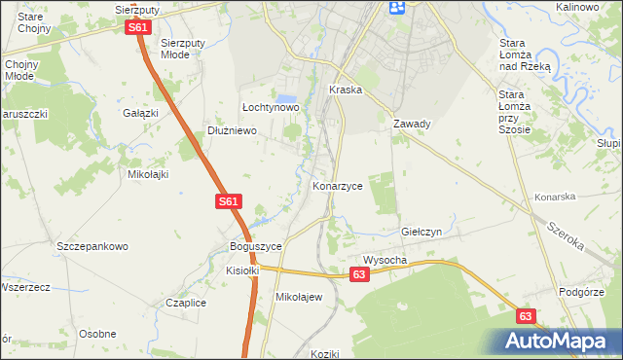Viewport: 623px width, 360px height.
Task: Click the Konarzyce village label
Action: coord(338,184)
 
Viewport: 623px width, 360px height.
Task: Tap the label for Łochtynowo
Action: coord(270,107)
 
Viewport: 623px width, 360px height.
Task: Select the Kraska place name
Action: coord(346,89)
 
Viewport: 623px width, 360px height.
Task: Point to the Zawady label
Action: coord(412,124)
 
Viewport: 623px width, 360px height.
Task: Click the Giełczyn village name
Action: coord(422,233)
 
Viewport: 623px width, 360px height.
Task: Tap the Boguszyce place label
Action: coord(255,246)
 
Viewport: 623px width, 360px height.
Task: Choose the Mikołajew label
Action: coord(299,297)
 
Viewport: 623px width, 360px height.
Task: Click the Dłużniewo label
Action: coord(232,130)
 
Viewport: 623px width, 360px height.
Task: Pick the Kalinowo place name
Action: coord(576,7)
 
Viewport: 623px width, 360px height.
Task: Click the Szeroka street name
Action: coord(565,236)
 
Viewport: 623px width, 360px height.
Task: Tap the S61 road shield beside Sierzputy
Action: coord(138,27)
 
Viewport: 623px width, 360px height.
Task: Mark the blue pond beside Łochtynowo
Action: coord(286,100)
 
